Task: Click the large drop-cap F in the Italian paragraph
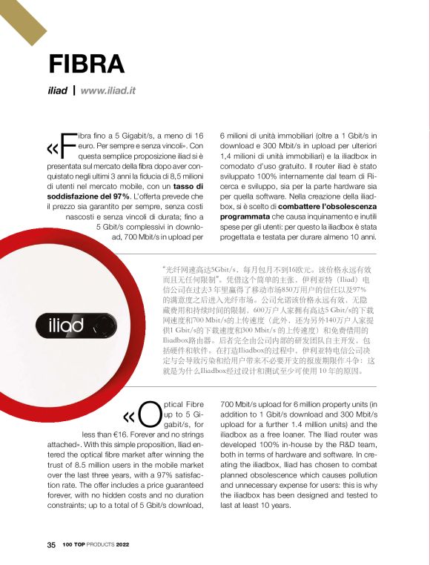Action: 67,145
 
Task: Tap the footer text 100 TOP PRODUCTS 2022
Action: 96,544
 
